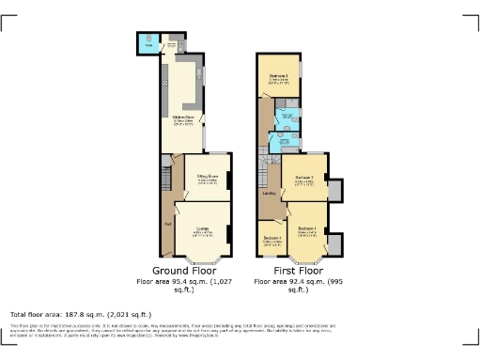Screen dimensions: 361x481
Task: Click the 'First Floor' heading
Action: pos(292,269)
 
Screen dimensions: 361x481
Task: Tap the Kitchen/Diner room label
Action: pos(182,118)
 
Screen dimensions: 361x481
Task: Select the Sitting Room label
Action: pos(207,177)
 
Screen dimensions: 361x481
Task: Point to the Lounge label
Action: pos(202,228)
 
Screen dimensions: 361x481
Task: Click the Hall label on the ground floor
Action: pos(167,224)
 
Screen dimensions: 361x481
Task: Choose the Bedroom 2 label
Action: pos(303,178)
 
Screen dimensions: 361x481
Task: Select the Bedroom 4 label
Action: pos(272,239)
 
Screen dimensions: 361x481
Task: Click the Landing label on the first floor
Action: pos(269,194)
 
